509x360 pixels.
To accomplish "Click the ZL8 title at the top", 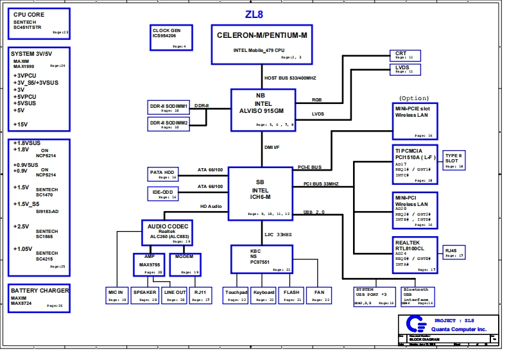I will click(254, 14).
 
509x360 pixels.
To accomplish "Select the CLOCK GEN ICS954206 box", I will click(169, 38).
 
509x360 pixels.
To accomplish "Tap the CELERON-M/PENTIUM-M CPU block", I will click(261, 44).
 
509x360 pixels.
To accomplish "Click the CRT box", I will click(405, 55).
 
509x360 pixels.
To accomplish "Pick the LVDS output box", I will click(405, 69).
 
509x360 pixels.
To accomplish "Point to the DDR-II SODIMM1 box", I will click(169, 107).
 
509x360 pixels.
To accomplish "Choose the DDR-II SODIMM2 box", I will click(169, 124).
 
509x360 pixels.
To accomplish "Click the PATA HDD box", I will click(162, 174).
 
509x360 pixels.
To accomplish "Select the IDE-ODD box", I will click(162, 194).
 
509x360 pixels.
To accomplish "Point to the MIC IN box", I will click(117, 295).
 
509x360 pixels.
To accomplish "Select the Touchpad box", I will click(235, 295).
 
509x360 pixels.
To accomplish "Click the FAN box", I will click(318, 295).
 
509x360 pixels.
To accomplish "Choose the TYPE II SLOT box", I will click(454, 160).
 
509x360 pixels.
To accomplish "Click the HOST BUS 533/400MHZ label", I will click(290, 78).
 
